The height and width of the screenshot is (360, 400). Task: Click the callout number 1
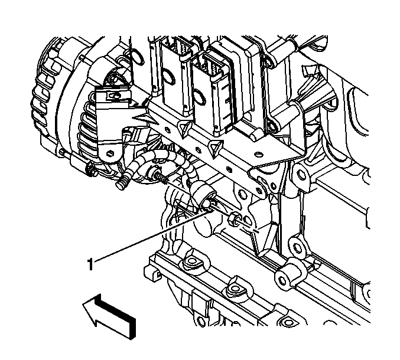(x=90, y=264)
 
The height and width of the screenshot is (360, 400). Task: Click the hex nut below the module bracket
(x=235, y=218)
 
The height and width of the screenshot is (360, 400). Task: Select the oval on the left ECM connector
(x=169, y=77)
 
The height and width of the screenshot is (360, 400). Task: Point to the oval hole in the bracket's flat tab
(x=259, y=154)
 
